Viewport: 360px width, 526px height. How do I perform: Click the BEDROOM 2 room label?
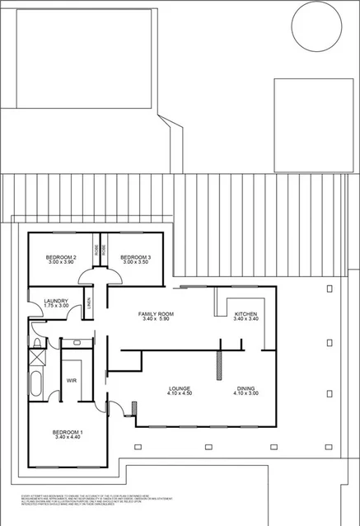pos(62,258)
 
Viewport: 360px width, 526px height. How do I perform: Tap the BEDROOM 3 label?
pos(134,258)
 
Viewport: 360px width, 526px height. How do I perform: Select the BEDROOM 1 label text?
pos(68,433)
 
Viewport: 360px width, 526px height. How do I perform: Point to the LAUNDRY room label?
pos(57,301)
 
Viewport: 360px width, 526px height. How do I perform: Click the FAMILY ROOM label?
pos(155,314)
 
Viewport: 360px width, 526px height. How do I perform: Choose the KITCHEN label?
pos(246,314)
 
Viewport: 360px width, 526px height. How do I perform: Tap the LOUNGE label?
pos(180,388)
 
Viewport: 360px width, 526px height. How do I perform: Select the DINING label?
pos(246,388)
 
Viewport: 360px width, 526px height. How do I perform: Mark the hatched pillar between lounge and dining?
pos(219,364)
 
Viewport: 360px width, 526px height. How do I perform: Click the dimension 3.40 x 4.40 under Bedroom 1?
pos(68,439)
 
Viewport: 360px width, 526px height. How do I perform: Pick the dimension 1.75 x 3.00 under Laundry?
pos(57,307)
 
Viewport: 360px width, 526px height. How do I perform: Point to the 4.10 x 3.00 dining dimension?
pos(246,394)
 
